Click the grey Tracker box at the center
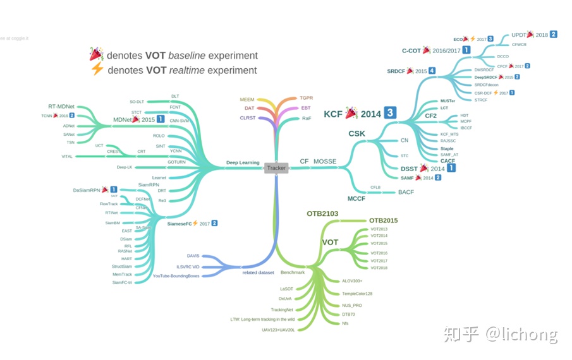coord(276,168)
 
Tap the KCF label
coord(333,114)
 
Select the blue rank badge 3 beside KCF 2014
coord(391,113)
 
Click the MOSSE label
coord(325,162)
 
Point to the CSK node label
coord(356,134)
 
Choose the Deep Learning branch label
coord(243,162)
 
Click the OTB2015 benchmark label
coord(383,220)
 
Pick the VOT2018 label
coord(379,268)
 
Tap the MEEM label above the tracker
coord(247,100)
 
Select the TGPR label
coord(306,99)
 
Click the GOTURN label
coord(176,162)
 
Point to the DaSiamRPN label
coord(87,189)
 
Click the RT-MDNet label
coord(61,106)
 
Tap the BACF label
coord(406,192)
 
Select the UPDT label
coord(518,35)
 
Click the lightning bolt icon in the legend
coord(97,70)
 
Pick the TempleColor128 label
coord(357,294)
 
